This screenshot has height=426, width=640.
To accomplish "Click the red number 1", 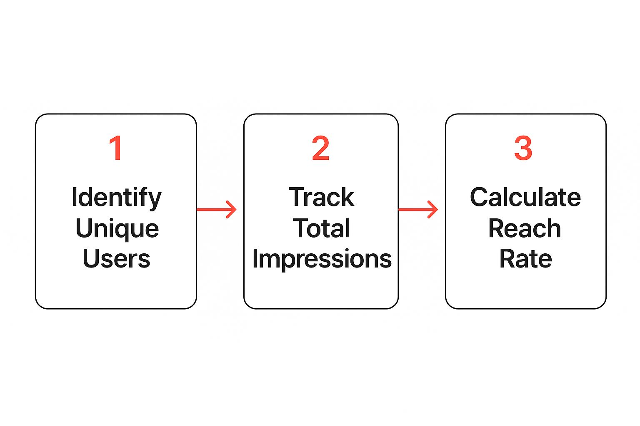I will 116,148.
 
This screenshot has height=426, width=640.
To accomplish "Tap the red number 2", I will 320,148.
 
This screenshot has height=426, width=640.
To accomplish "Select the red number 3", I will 523,148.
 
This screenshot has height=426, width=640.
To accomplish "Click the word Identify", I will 116,198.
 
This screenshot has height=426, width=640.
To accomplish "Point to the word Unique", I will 117,229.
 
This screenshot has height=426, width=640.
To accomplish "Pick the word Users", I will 116,259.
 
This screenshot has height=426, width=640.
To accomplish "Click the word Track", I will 321,197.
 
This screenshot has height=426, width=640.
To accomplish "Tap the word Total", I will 321,228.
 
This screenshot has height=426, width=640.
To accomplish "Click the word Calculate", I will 525,197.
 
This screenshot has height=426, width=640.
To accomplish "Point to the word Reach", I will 525,228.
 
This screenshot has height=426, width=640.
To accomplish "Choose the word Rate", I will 525,259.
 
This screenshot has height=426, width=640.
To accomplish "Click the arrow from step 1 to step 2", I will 216,209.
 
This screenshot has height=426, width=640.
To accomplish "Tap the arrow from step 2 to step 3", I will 418,209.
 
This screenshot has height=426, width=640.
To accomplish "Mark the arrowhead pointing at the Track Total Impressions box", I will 232,209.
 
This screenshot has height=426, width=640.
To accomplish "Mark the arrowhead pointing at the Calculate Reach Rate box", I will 434,209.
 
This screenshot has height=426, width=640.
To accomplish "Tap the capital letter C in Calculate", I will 478,197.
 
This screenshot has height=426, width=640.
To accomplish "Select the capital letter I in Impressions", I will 255,259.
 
